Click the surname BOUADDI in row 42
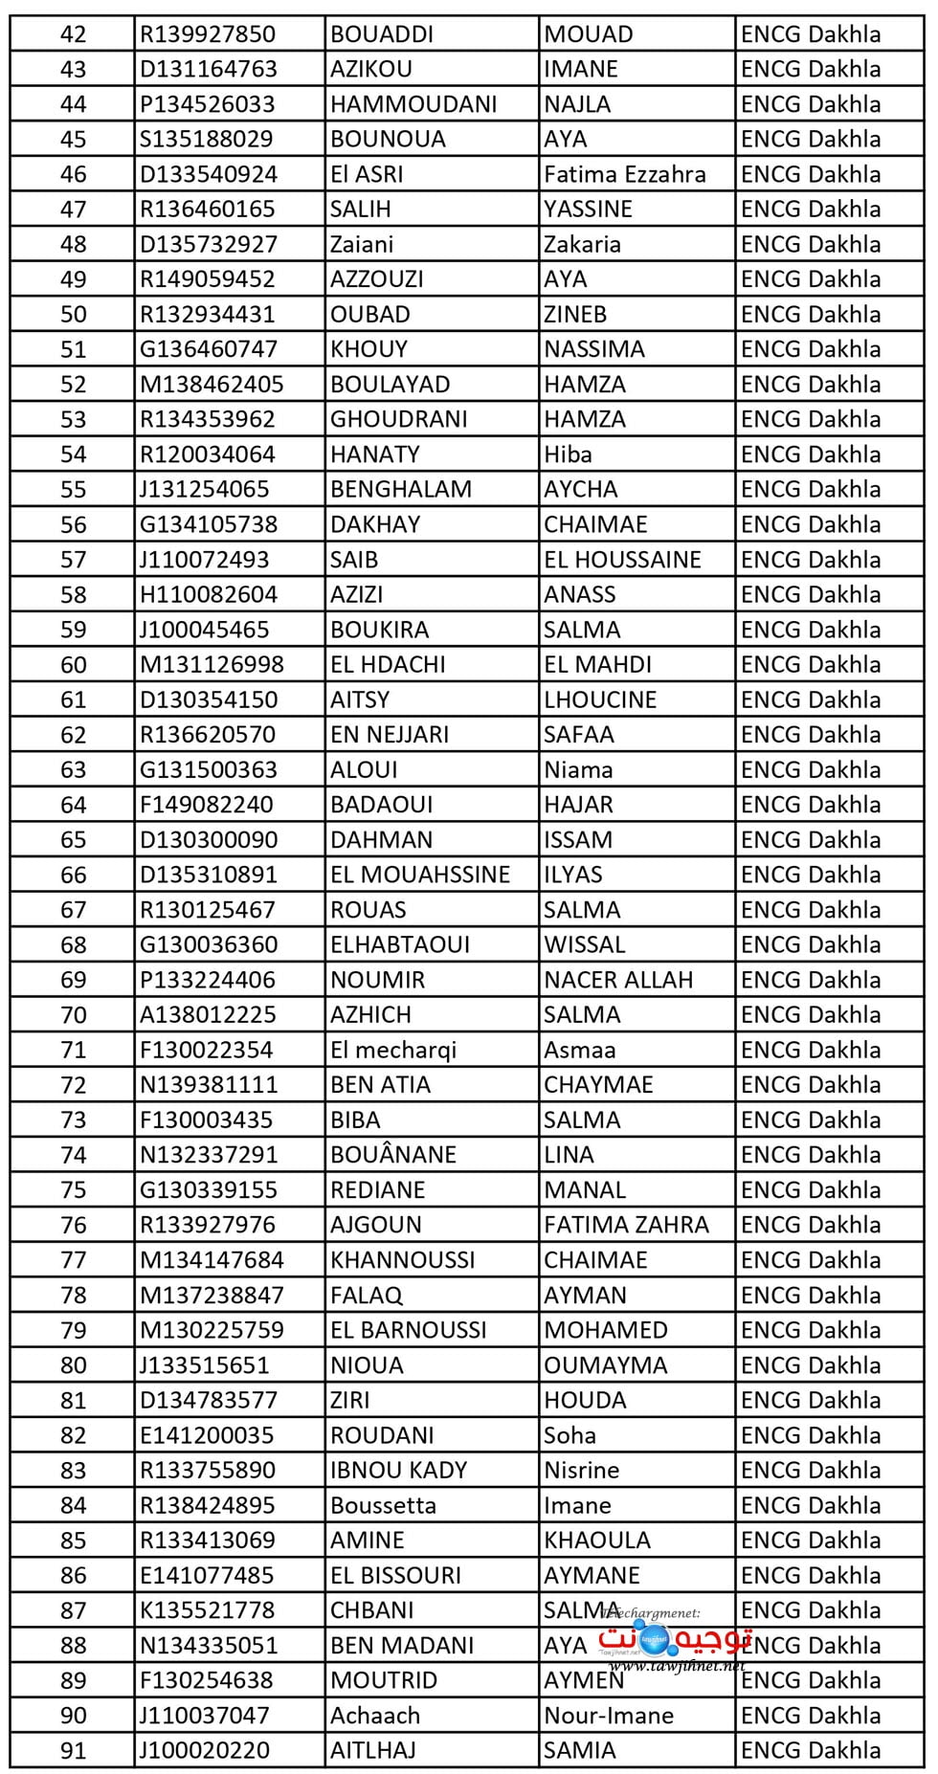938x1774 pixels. click(x=382, y=34)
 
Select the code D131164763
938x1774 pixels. click(x=208, y=69)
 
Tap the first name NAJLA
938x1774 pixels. click(x=577, y=104)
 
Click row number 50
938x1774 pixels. click(x=73, y=315)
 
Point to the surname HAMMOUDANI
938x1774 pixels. click(x=413, y=104)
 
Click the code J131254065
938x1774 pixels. click(x=204, y=490)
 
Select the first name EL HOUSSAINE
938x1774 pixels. click(x=622, y=560)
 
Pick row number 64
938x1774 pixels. click(x=73, y=805)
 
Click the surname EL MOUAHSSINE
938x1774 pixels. click(x=419, y=875)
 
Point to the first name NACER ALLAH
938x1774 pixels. click(x=618, y=980)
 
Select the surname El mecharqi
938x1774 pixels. click(x=393, y=1050)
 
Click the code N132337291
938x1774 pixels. click(x=208, y=1155)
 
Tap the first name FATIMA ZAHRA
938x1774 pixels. click(x=626, y=1225)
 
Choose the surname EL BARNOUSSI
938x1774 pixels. click(x=408, y=1330)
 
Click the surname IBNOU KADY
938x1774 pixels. click(x=398, y=1470)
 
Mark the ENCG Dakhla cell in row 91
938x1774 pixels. click(x=811, y=1750)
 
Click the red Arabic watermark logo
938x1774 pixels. click(x=675, y=1642)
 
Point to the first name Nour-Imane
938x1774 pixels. click(x=609, y=1716)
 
